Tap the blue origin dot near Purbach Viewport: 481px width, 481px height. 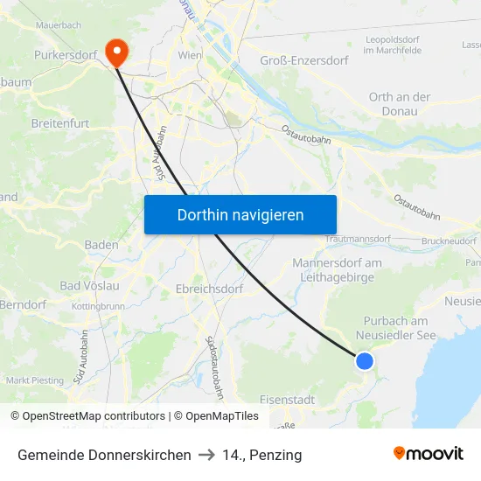coord(365,360)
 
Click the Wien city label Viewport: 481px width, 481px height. coord(190,55)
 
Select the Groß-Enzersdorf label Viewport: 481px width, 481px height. coord(304,60)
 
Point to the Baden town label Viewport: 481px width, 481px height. coord(101,245)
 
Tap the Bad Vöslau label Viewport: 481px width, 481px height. coord(90,286)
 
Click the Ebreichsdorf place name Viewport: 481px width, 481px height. coord(208,288)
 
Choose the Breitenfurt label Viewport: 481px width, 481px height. coord(60,123)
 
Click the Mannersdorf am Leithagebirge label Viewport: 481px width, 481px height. coord(337,270)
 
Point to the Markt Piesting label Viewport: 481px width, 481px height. coord(35,380)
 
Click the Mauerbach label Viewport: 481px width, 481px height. coord(59,26)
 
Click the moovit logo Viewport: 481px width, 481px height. coord(429,454)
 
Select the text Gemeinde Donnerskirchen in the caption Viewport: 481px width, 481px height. coord(104,455)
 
